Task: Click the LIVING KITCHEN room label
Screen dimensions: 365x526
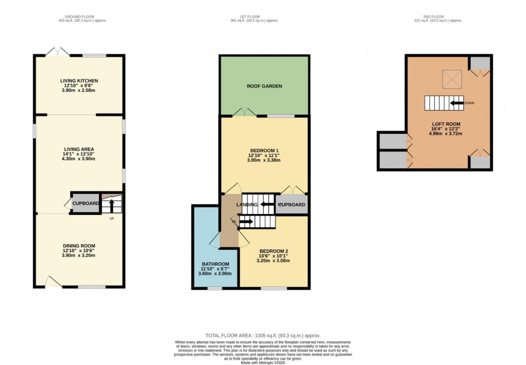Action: [x=79, y=81]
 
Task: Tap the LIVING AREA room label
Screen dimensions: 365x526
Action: [x=79, y=149]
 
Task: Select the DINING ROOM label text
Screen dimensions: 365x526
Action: [x=79, y=245]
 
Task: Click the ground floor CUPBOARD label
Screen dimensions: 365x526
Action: [x=86, y=203]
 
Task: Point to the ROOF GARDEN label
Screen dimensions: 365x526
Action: [x=264, y=86]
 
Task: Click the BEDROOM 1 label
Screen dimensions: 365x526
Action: [x=264, y=150]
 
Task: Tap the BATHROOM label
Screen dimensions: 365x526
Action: [x=215, y=264]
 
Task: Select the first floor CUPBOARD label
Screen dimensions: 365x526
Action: [x=291, y=205]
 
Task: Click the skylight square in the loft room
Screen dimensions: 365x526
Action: [x=450, y=79]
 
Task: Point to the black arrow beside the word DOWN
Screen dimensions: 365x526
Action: [x=457, y=103]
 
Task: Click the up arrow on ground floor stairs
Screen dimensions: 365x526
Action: [x=112, y=206]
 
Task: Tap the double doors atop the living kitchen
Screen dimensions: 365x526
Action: [x=57, y=52]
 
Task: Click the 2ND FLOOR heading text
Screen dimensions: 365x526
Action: [x=446, y=17]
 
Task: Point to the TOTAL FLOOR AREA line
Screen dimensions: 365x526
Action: [x=262, y=335]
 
